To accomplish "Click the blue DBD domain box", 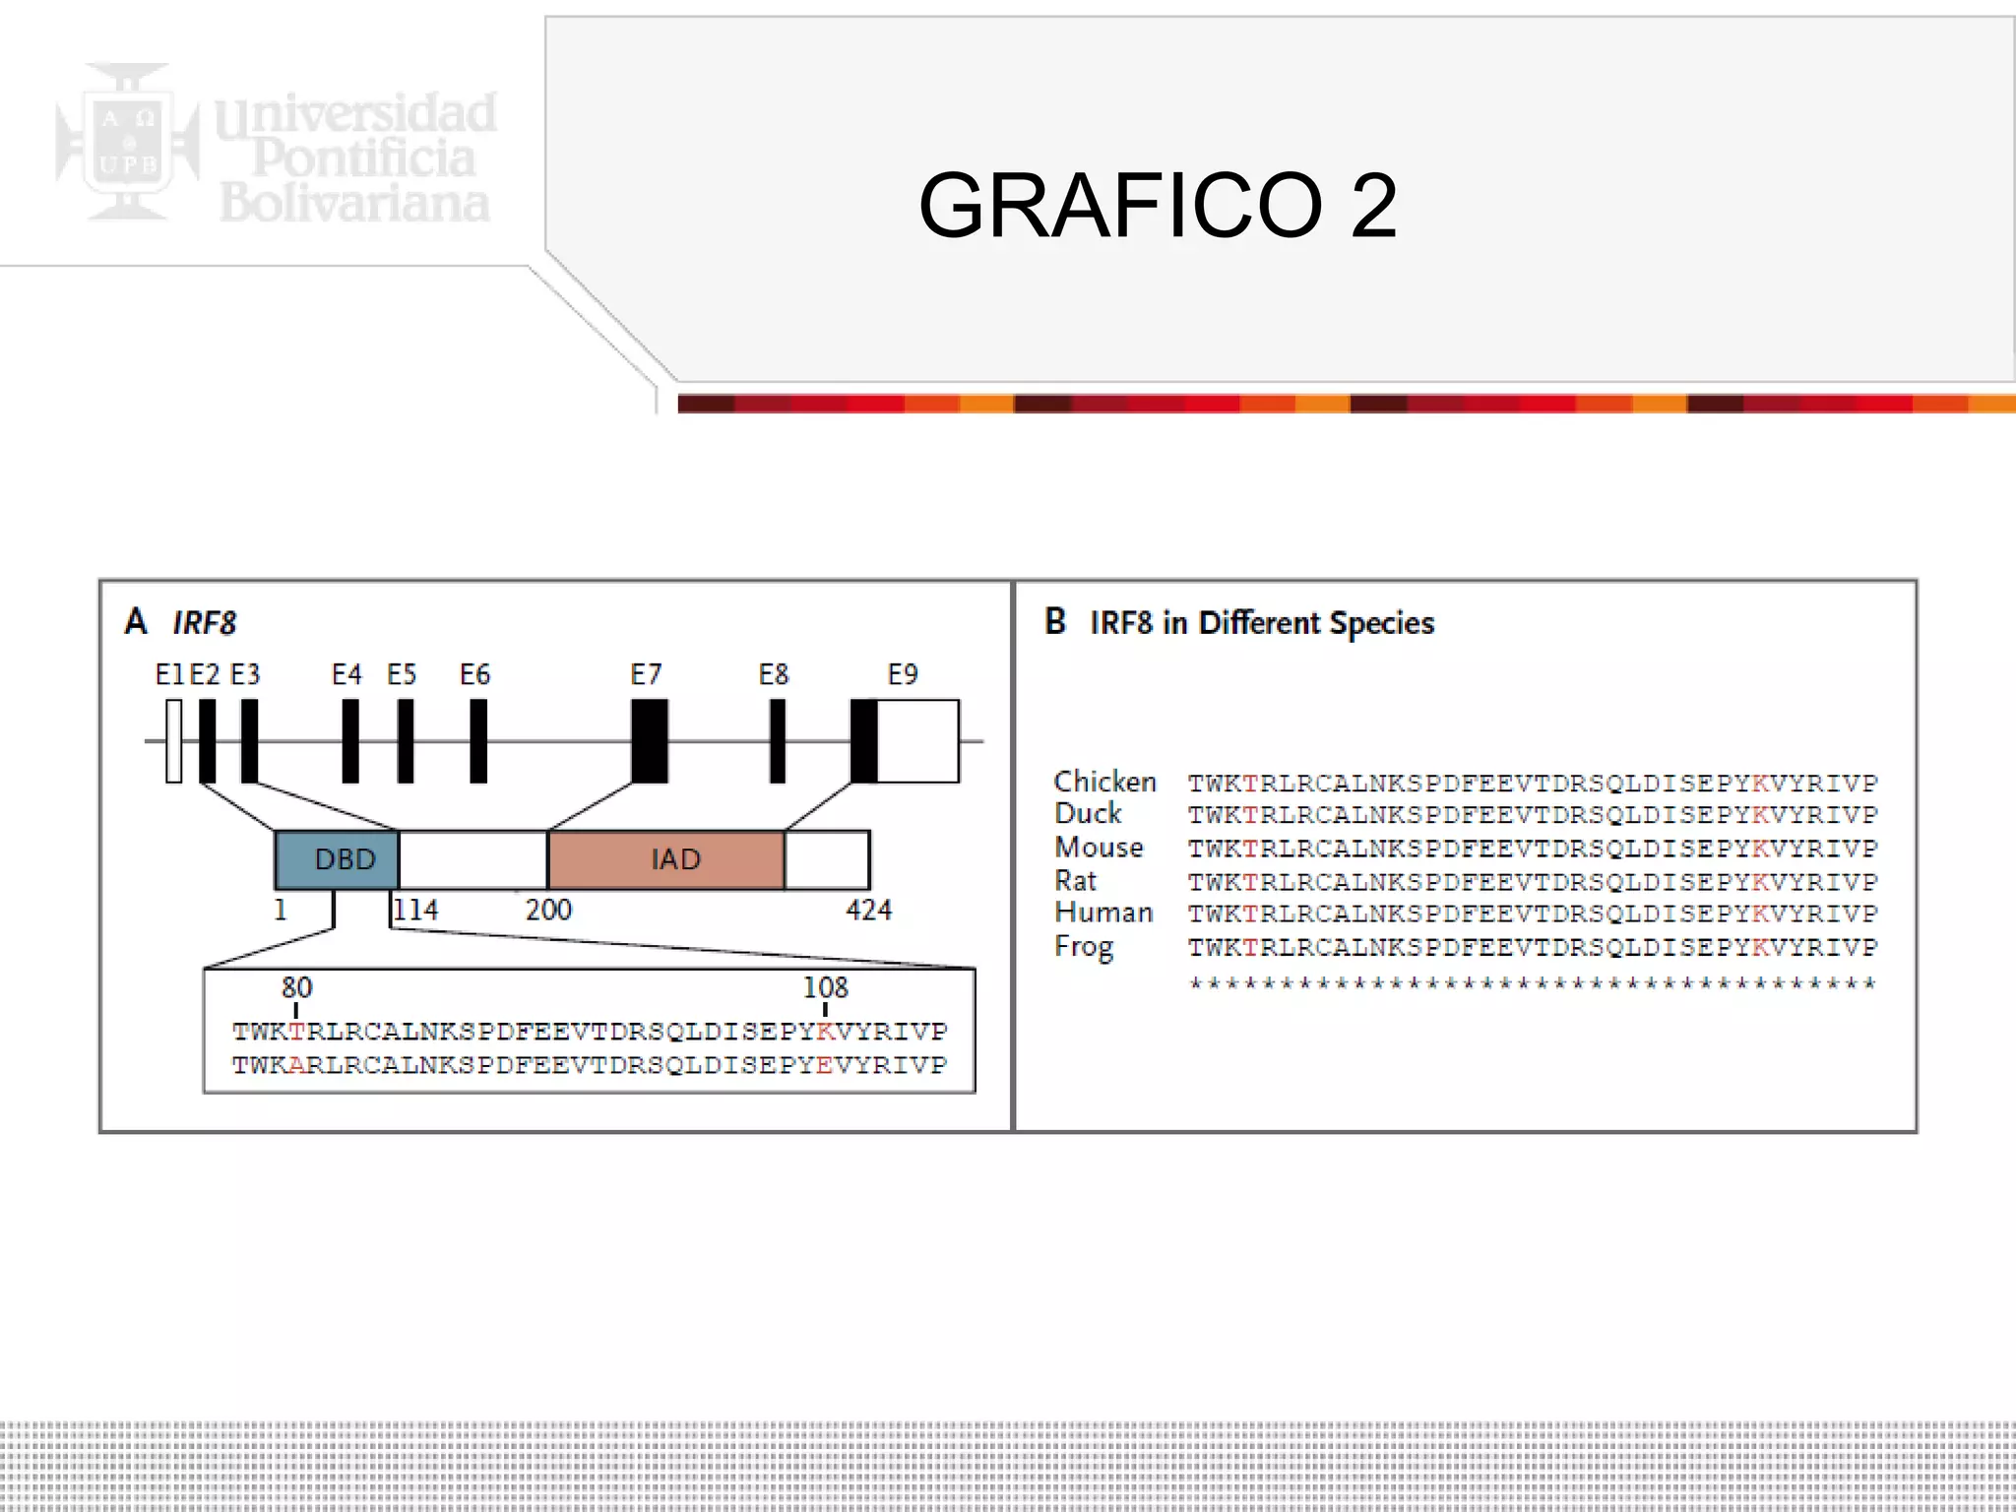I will click(x=337, y=859).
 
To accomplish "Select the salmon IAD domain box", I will click(x=666, y=859).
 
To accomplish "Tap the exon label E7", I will click(x=646, y=674).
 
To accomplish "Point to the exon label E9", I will click(x=903, y=674).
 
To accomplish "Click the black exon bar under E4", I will click(x=350, y=741).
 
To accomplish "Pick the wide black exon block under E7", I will click(x=650, y=741).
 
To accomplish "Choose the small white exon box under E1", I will click(x=174, y=741).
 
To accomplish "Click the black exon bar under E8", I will click(x=778, y=741).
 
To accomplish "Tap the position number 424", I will click(x=868, y=910).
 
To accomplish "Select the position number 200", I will click(x=548, y=910).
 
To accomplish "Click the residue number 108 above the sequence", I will click(x=825, y=986).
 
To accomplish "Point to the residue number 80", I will click(x=296, y=986).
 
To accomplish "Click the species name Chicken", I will click(x=1104, y=782).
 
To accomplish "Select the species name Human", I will click(x=1103, y=913).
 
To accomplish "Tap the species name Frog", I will click(x=1084, y=947).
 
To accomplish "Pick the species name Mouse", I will click(x=1099, y=848).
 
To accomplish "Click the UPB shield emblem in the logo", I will click(x=128, y=141).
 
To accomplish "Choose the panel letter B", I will click(x=1055, y=621).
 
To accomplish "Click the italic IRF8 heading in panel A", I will click(x=204, y=623).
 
